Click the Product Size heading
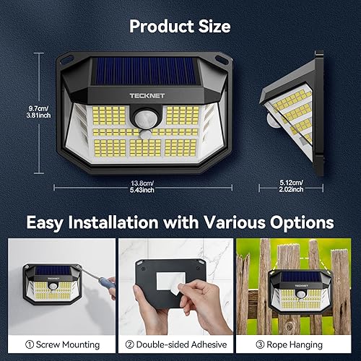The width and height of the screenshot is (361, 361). tap(180, 27)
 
